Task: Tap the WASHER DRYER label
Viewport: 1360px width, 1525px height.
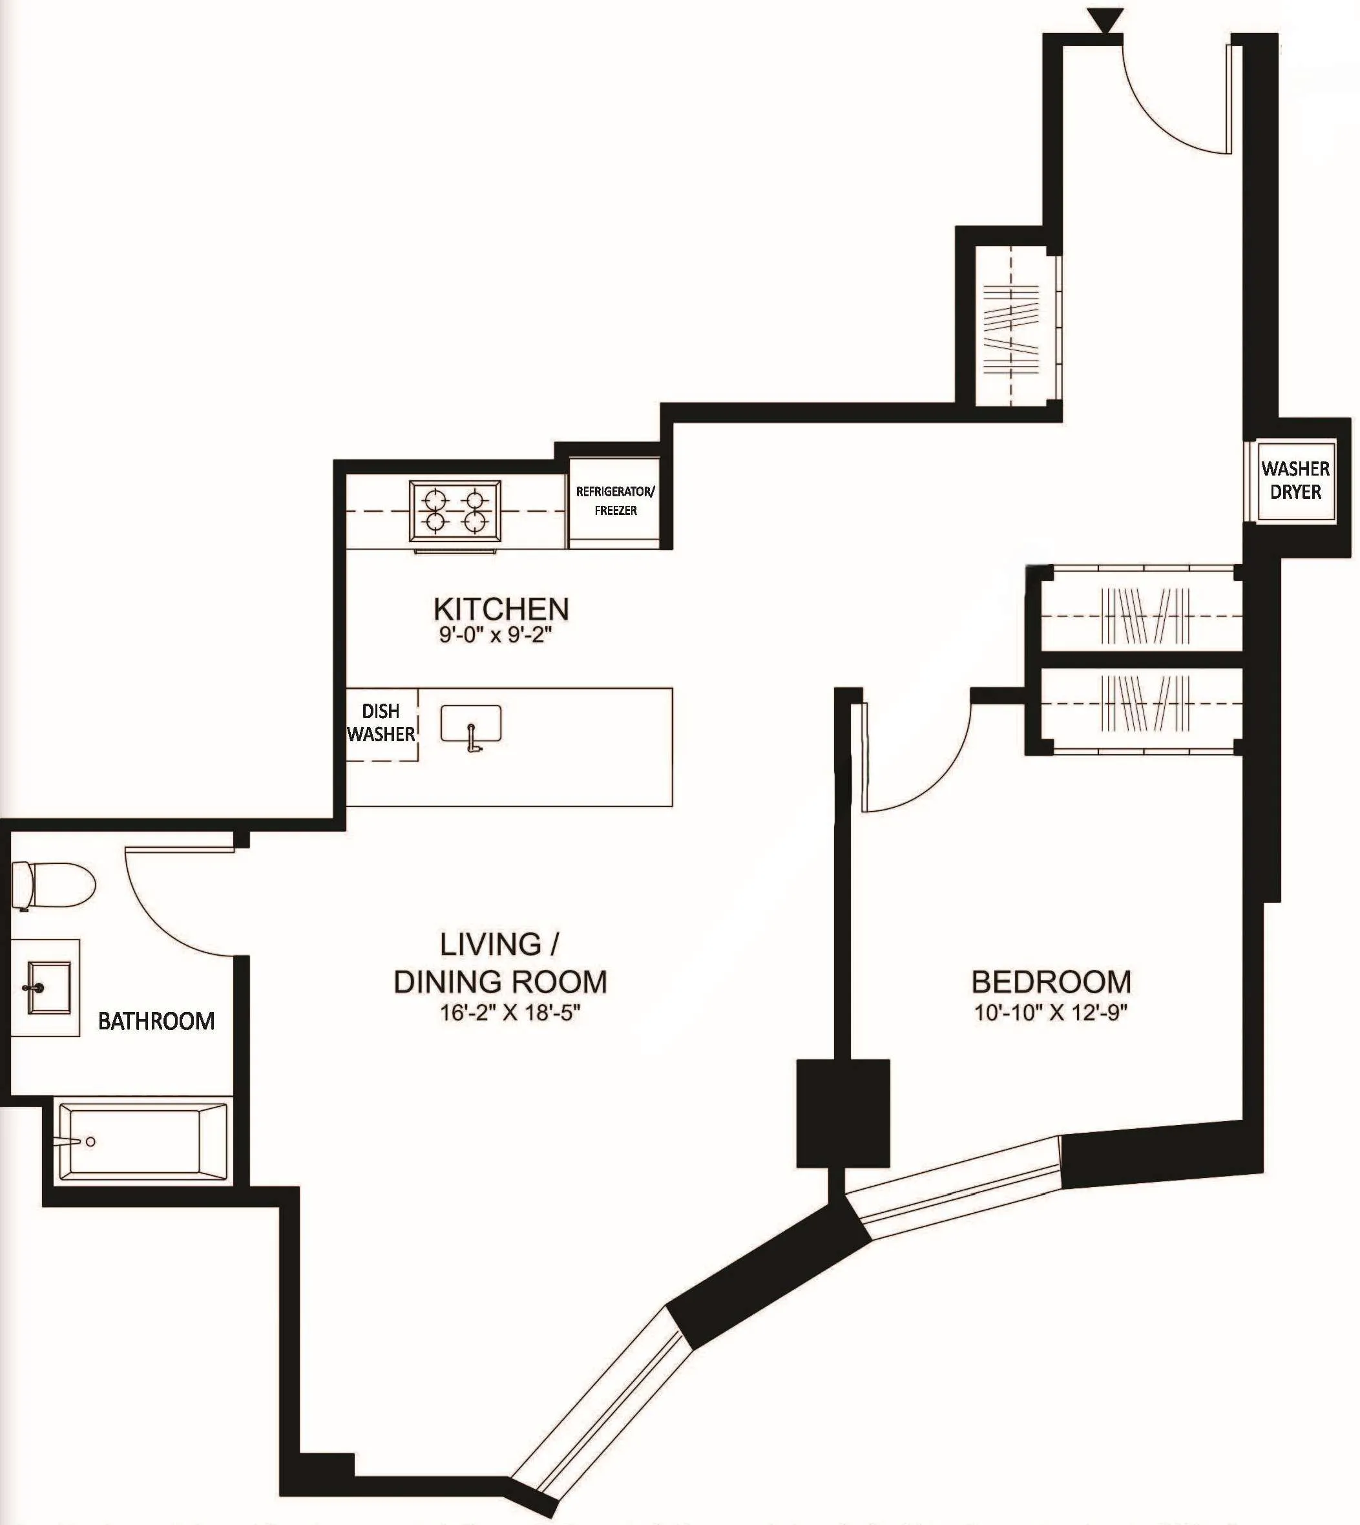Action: (1296, 480)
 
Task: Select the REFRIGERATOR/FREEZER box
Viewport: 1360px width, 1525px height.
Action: (615, 501)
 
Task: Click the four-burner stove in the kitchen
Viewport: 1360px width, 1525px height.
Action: (455, 510)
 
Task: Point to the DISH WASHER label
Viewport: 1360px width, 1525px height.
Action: (381, 722)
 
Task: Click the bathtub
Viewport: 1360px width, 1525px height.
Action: (142, 1141)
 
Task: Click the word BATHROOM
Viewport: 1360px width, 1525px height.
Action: (156, 1021)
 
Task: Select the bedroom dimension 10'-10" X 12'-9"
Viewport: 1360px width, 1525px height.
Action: (1050, 1013)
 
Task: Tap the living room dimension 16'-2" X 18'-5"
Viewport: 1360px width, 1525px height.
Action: (510, 1013)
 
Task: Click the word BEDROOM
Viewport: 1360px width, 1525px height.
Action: (1051, 981)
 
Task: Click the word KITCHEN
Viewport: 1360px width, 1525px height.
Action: (501, 609)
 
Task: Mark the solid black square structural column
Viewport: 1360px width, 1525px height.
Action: (843, 1113)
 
